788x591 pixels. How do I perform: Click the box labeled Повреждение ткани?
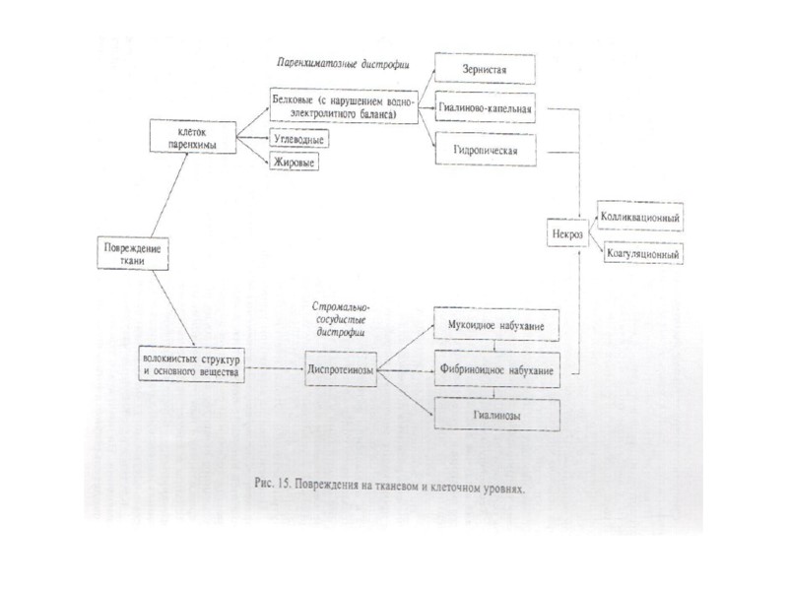[x=132, y=254]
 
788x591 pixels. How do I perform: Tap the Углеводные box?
[x=298, y=140]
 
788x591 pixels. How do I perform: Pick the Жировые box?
[x=295, y=162]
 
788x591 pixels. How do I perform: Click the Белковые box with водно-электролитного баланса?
[x=343, y=106]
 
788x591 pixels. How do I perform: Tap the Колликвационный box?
[x=640, y=214]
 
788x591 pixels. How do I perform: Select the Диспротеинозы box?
[x=341, y=372]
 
